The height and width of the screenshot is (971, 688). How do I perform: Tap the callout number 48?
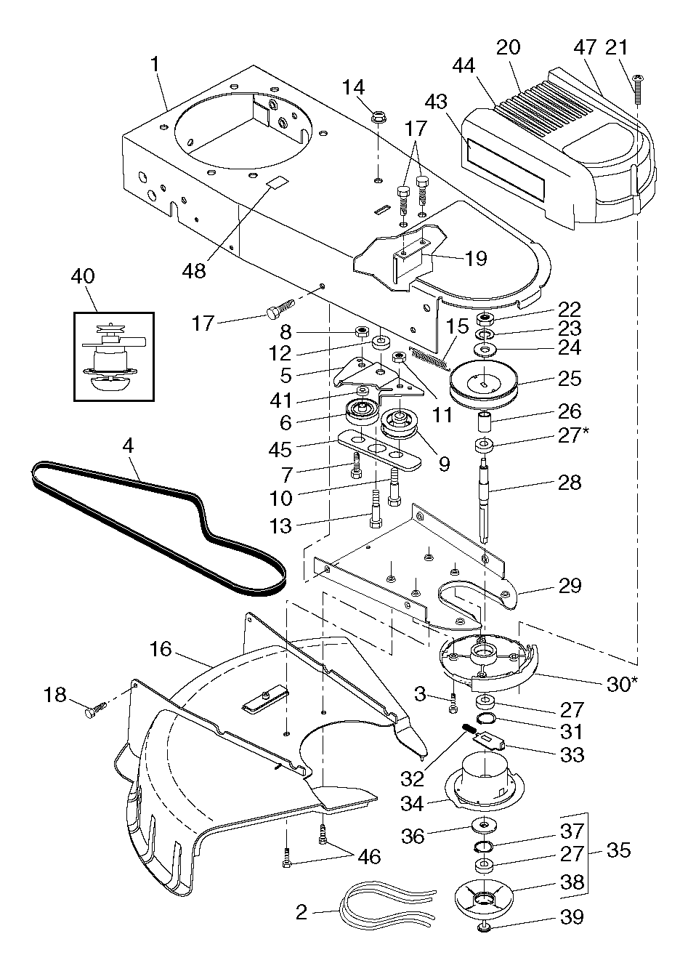[194, 271]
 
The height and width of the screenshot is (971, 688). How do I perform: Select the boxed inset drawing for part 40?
[114, 357]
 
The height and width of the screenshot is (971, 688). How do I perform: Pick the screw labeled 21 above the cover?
[638, 89]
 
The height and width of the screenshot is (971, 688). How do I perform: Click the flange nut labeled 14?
[379, 117]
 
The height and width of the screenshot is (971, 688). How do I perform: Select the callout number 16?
[161, 661]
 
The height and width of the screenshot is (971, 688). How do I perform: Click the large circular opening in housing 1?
[243, 130]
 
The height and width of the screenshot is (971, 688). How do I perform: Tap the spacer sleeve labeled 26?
[485, 422]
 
